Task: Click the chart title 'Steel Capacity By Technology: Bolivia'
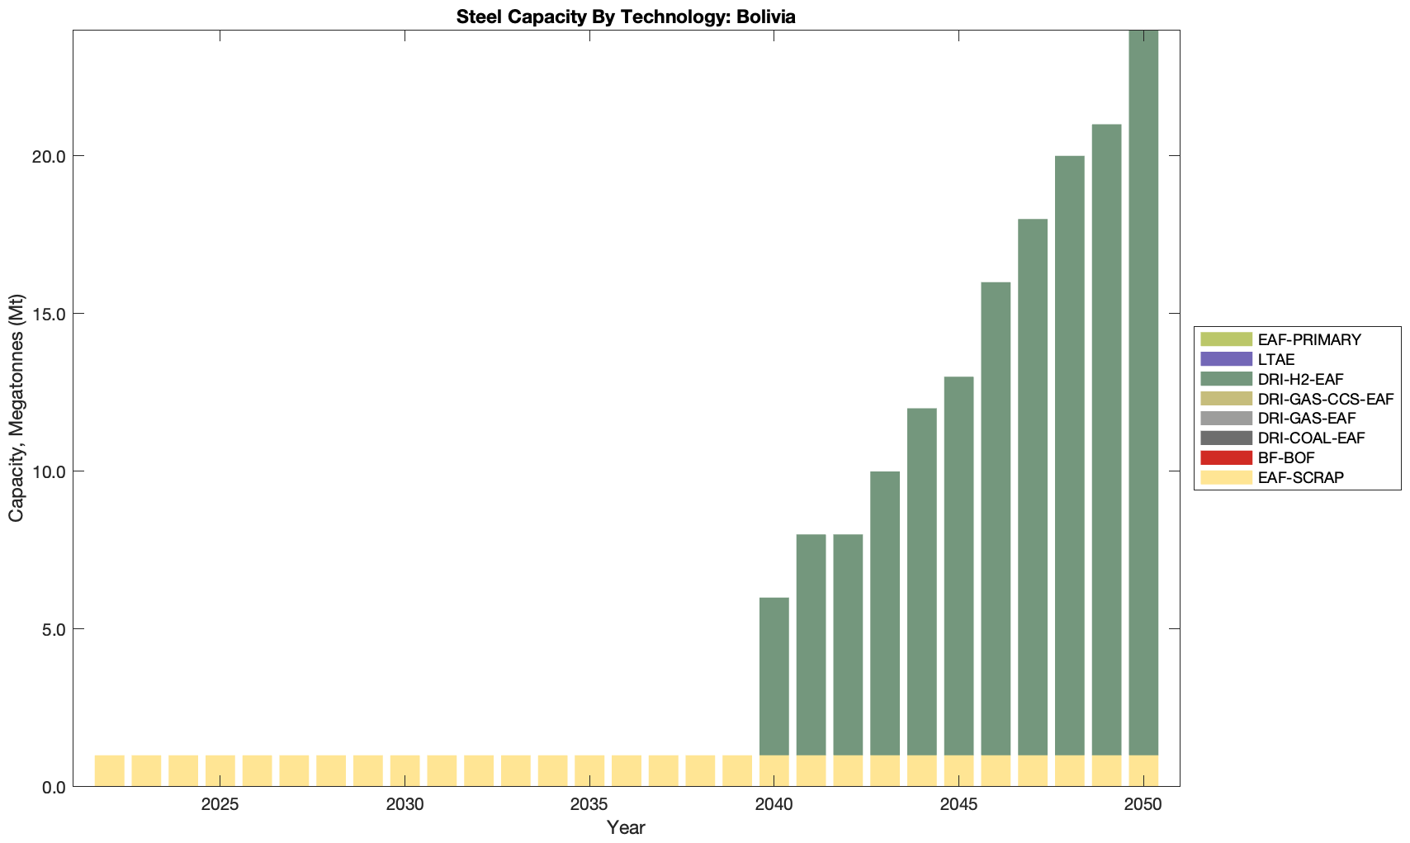pos(626,17)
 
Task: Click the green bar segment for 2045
pos(958,566)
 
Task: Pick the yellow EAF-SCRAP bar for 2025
pos(220,770)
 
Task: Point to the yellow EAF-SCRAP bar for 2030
pos(405,770)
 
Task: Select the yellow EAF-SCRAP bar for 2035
pos(589,770)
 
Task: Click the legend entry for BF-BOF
pos(1286,457)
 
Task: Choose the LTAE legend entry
pos(1276,359)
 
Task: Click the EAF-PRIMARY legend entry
pos(1309,339)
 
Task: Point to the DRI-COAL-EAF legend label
pos(1312,438)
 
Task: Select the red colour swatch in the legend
pos(1227,457)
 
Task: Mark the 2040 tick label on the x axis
pos(774,805)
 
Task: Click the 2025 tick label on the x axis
pos(220,805)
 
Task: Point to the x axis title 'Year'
pos(626,827)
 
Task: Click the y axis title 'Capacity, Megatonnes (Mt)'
pos(17,408)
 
